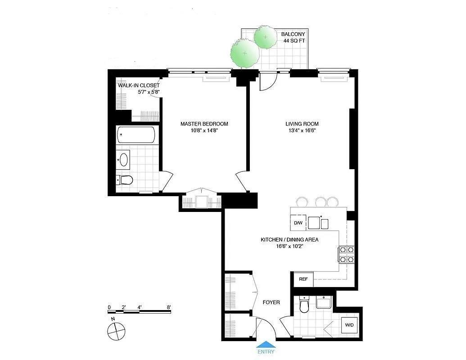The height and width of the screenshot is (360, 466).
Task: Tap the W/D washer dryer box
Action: coord(349,325)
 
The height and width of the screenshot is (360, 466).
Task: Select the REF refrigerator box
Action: coord(303,279)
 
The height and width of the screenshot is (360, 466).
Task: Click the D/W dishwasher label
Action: coord(298,223)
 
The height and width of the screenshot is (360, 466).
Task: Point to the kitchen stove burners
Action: coord(346,254)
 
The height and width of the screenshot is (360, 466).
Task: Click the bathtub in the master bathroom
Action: coord(136,135)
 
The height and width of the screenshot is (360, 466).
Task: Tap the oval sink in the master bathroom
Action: coord(123,159)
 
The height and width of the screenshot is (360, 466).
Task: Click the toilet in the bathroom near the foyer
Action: coord(304,306)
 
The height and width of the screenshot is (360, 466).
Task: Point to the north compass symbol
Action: coord(115,332)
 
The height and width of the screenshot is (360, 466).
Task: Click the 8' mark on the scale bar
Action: coord(169,307)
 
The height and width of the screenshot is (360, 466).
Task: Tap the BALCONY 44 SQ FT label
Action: coord(293,37)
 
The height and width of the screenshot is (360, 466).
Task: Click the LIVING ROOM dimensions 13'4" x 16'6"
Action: coord(302,131)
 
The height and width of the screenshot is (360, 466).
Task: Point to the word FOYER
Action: coord(271,302)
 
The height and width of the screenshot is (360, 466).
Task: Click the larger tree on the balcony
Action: coord(244,53)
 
